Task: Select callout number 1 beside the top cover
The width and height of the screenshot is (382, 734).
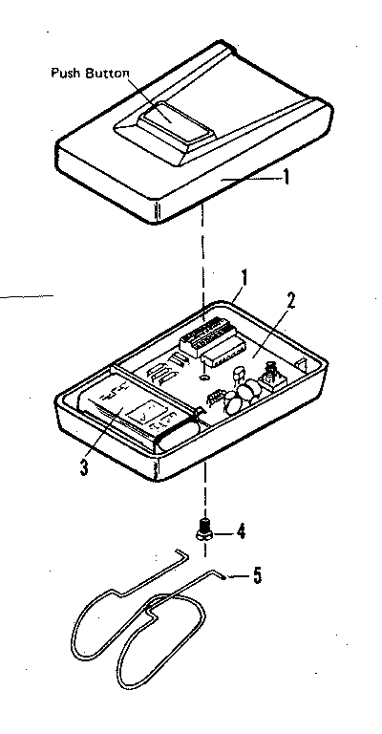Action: click(286, 177)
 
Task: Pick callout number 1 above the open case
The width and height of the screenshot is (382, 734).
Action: click(244, 277)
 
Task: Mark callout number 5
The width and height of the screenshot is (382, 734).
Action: click(255, 575)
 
